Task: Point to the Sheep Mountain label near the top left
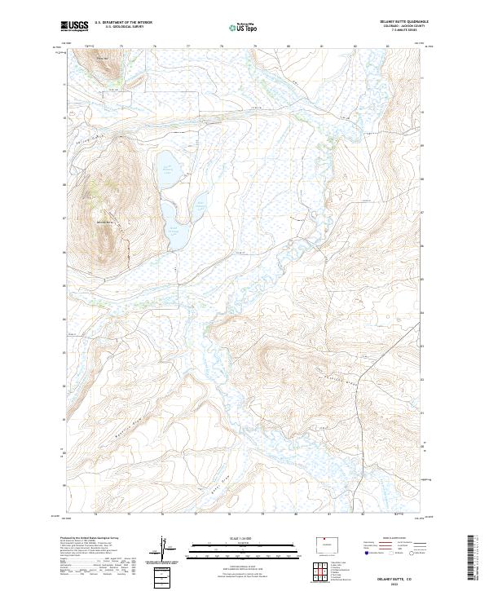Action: (x=102, y=58)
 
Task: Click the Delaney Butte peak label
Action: (x=104, y=222)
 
